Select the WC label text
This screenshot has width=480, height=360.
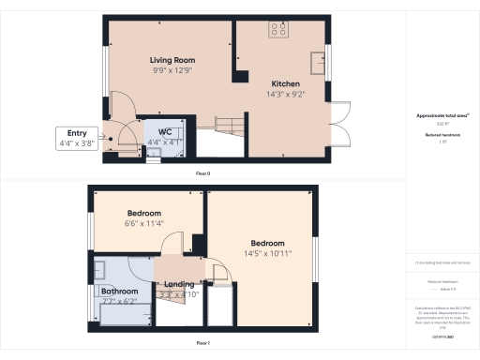tap(164, 131)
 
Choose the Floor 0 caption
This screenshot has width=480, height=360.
tap(202, 174)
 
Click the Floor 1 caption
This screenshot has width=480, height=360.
tap(202, 342)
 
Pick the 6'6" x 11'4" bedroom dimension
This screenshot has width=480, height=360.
tap(144, 224)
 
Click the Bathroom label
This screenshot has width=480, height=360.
tap(119, 292)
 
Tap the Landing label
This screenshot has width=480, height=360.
tap(179, 284)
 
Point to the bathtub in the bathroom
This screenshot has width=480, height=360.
tap(120, 313)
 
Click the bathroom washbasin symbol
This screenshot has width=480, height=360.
tap(99, 266)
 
